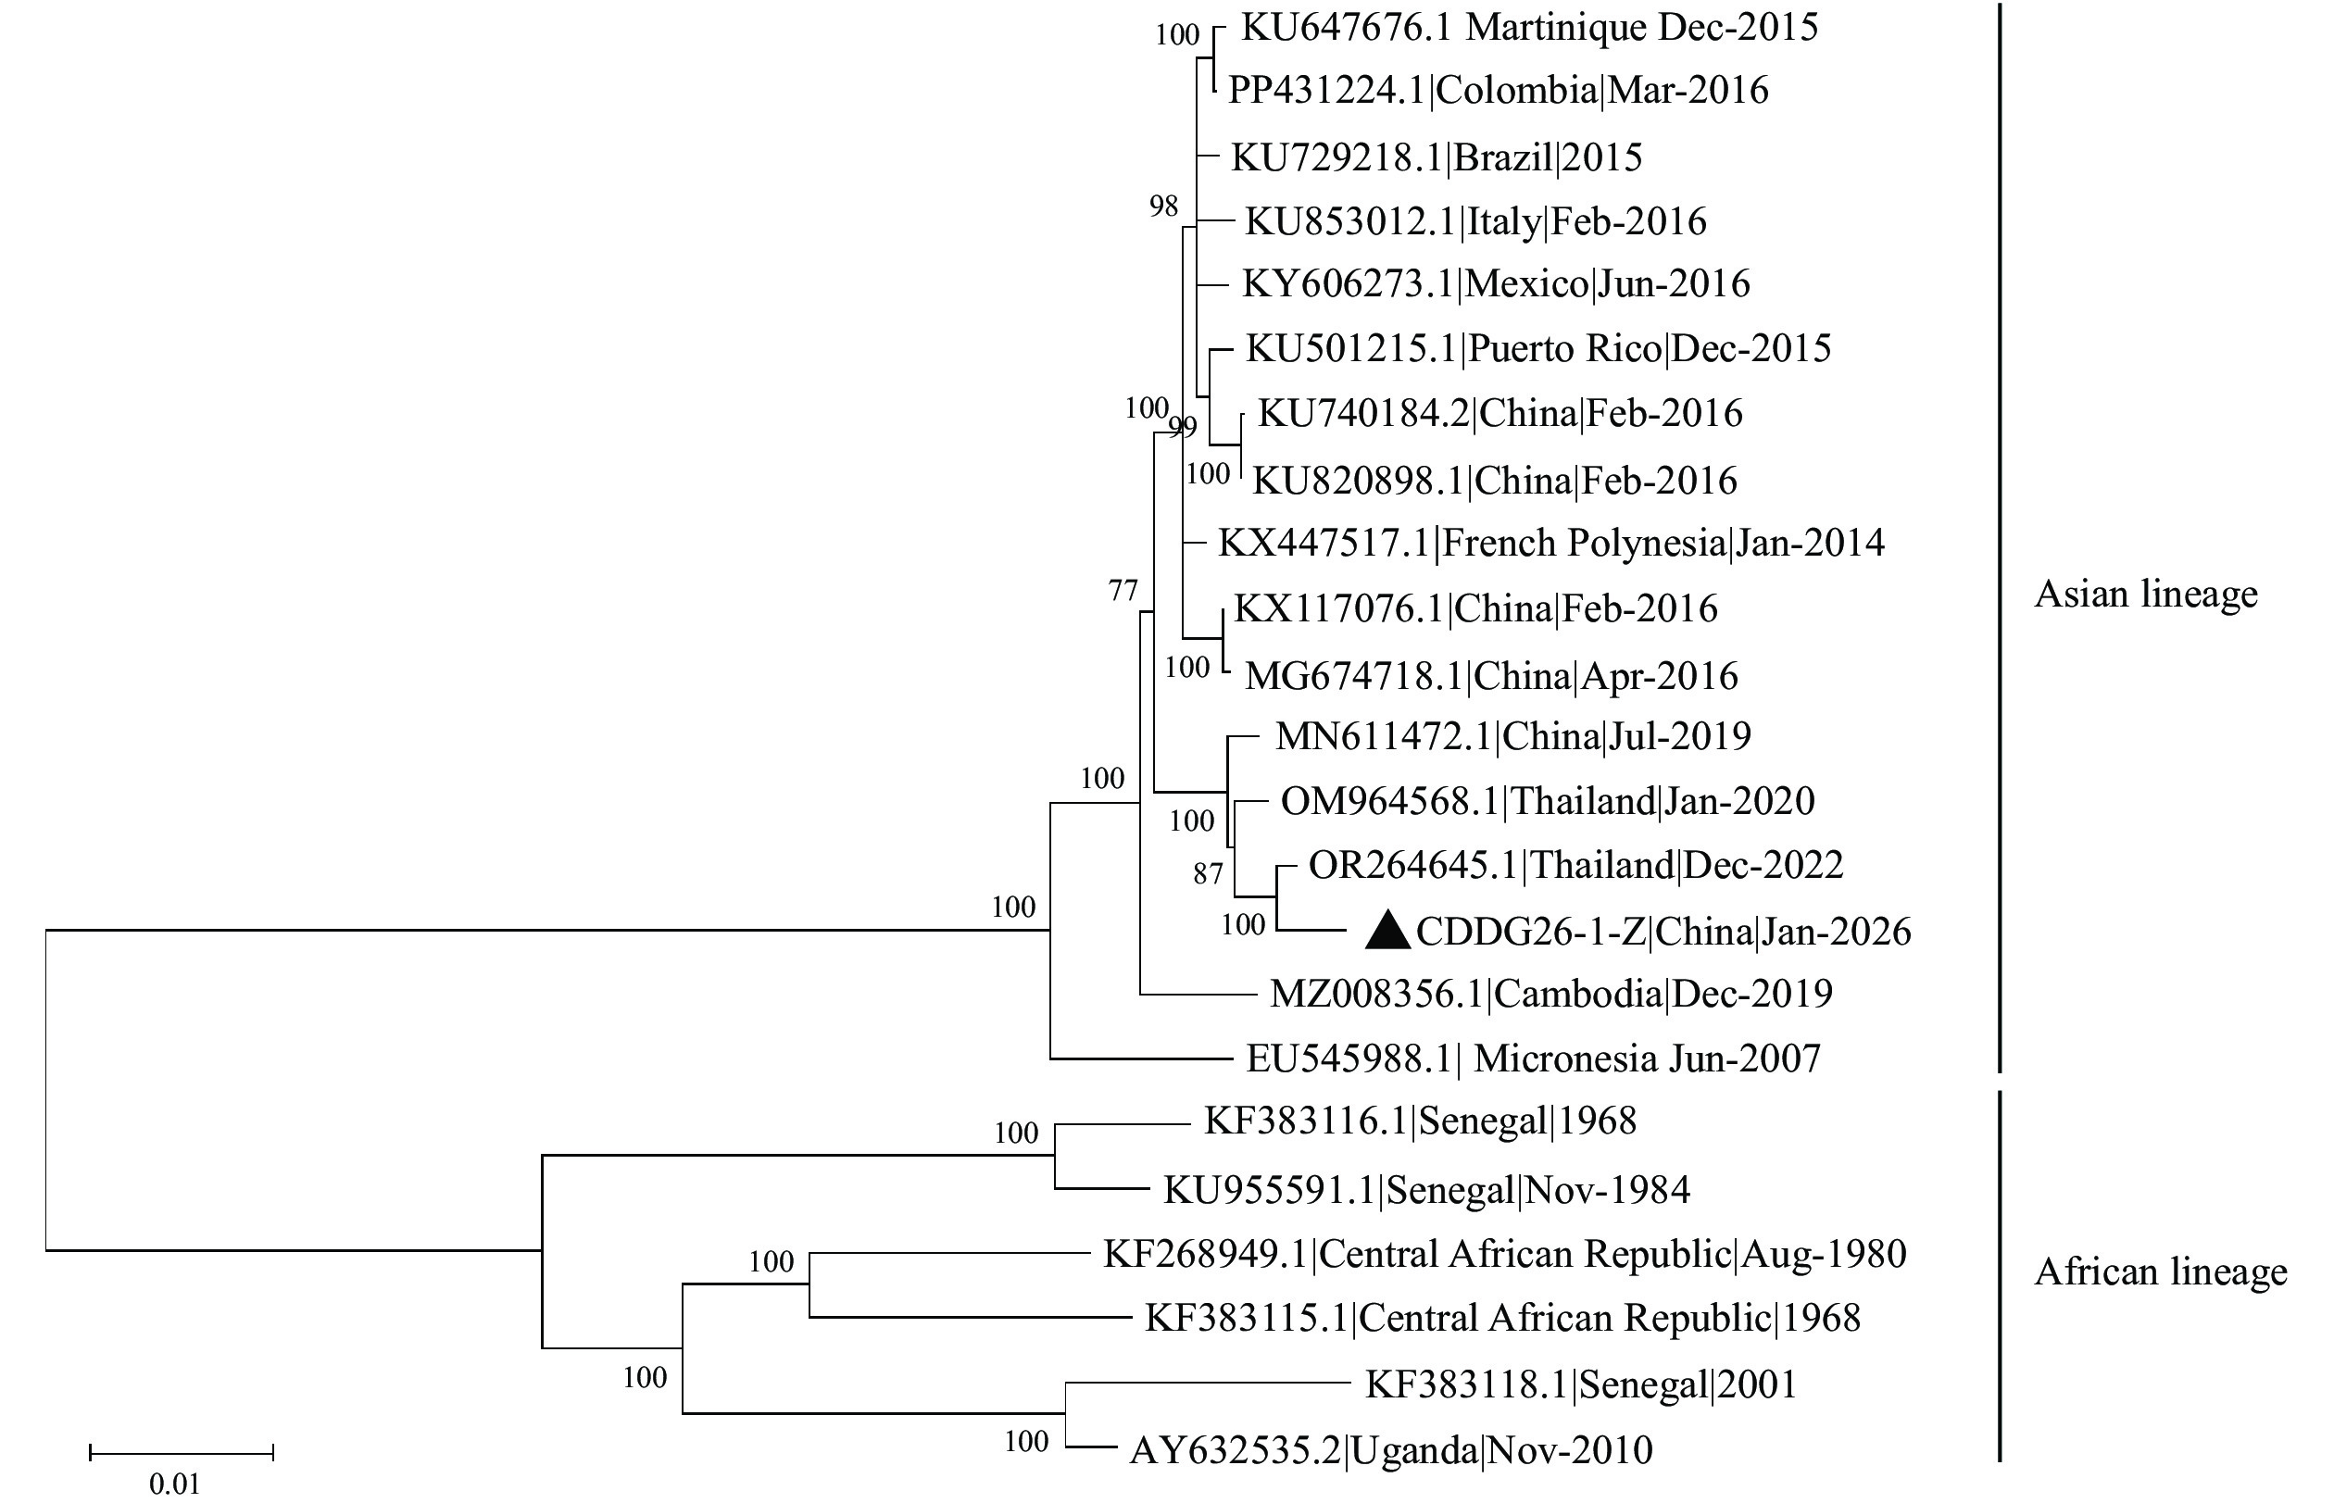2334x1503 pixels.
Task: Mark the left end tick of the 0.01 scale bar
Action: coord(91,1453)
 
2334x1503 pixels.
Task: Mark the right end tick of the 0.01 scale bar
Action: coord(273,1453)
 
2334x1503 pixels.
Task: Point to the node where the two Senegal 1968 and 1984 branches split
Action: coord(1055,1156)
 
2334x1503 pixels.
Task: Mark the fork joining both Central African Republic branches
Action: coord(809,1285)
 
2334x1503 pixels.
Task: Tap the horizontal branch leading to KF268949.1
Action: coord(947,1253)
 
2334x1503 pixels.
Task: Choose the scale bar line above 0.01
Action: coord(182,1453)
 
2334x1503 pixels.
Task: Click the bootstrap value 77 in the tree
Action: coord(1123,591)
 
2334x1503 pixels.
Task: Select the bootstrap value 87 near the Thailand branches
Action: coord(1208,873)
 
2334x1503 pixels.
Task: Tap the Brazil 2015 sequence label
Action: coord(1436,157)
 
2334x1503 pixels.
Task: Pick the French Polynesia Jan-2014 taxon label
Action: coord(1551,542)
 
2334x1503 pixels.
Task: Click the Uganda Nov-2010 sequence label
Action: coord(1391,1450)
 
